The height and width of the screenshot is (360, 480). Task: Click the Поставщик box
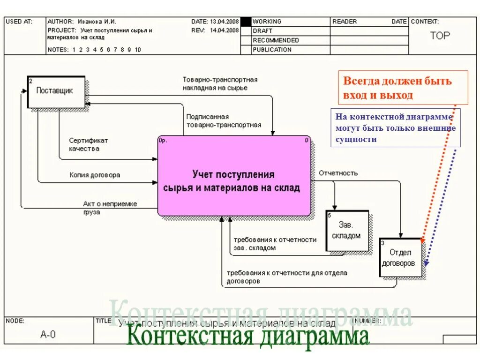click(56, 91)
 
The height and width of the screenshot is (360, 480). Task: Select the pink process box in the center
click(234, 176)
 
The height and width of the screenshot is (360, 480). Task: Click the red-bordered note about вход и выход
click(403, 88)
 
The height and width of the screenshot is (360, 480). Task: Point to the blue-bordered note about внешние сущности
click(395, 127)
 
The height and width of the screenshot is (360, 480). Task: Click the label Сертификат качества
click(88, 144)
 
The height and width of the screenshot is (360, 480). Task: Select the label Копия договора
click(95, 175)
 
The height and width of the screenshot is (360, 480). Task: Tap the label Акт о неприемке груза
click(110, 207)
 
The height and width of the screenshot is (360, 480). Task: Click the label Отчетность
click(338, 173)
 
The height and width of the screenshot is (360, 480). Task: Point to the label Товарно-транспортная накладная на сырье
click(220, 83)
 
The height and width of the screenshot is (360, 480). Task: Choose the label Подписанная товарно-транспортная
click(223, 121)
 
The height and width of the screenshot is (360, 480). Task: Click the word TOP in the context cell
click(440, 36)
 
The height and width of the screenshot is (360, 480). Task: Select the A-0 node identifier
click(48, 334)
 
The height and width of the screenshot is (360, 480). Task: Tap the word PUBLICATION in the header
click(272, 50)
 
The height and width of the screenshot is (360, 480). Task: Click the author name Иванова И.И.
click(97, 22)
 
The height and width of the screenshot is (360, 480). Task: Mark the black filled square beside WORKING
click(246, 22)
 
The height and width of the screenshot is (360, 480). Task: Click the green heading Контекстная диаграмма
click(248, 337)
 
